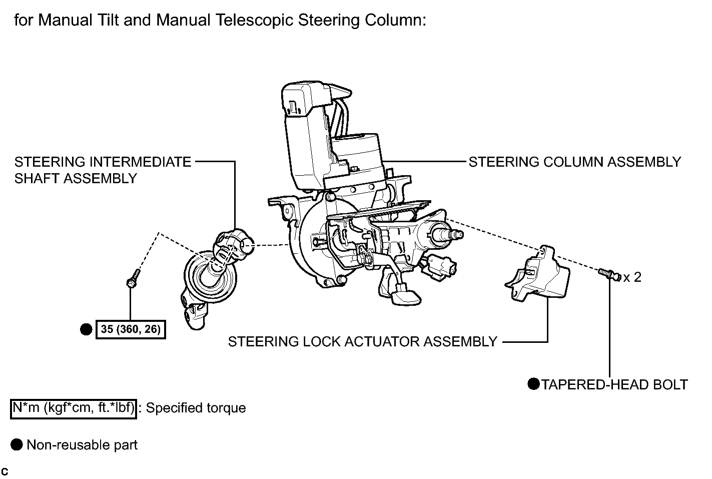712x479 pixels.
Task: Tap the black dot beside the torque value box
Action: (86, 329)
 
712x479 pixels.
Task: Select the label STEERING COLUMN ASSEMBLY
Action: (575, 162)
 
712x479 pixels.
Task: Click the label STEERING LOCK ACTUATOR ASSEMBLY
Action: (363, 341)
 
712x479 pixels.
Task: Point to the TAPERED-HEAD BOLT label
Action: (614, 384)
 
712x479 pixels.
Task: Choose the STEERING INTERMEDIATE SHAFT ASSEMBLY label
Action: (103, 170)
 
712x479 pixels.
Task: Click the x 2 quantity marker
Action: (632, 277)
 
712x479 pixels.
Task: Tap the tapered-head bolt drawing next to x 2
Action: (609, 275)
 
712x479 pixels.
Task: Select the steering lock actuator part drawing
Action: (537, 274)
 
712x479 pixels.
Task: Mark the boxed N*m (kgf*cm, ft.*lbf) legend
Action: (74, 409)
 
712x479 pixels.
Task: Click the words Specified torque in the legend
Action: (196, 408)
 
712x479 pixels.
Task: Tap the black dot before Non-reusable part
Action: (17, 444)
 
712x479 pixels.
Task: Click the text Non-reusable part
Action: (82, 444)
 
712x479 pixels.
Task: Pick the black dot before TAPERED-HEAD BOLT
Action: (534, 384)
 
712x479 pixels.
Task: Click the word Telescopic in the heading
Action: (254, 20)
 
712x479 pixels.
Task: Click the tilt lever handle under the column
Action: (406, 295)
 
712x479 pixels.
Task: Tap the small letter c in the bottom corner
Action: (5, 471)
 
